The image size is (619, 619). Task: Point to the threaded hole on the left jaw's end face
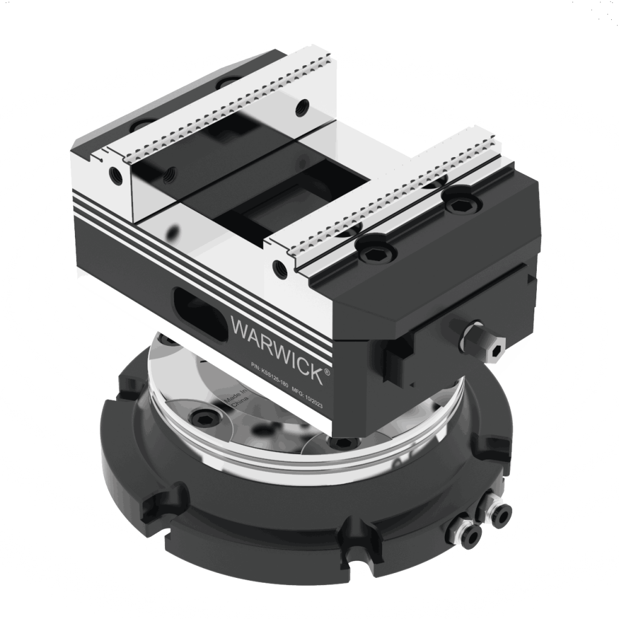[115, 175]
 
